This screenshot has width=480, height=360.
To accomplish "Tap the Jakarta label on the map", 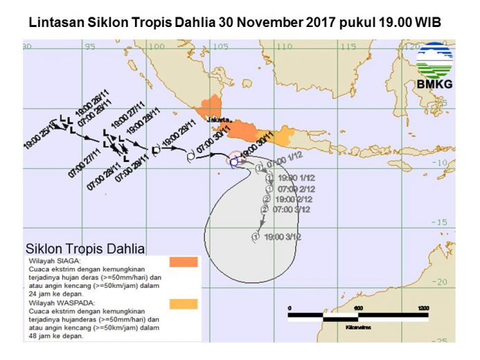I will click(x=219, y=120).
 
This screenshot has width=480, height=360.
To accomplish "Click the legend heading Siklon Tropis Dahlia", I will click(x=85, y=248).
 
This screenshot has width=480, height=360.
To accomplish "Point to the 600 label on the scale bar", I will click(x=358, y=307).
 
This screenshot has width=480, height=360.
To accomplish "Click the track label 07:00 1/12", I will click(x=285, y=163).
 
